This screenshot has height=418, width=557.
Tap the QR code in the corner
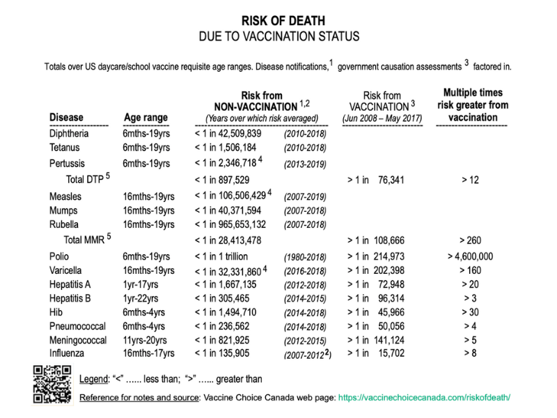(x=52, y=384)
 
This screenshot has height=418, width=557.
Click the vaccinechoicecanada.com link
(x=431, y=398)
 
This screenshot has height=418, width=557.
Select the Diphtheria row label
(x=69, y=134)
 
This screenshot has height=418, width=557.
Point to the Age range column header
(x=147, y=117)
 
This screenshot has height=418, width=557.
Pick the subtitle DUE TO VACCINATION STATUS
(x=278, y=36)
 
